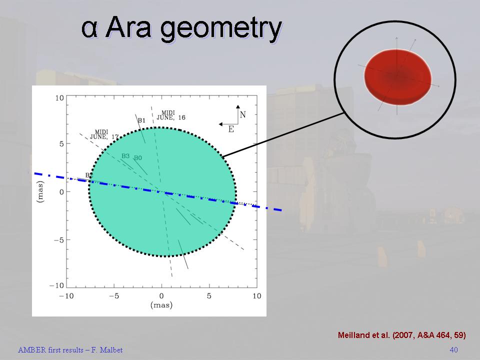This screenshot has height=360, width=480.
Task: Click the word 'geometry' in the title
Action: pyautogui.click(x=220, y=29)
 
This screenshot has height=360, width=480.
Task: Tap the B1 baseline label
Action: pyautogui.click(x=141, y=120)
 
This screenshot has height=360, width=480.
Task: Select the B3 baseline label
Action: pyautogui.click(x=125, y=156)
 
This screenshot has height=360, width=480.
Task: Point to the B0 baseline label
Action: pyautogui.click(x=138, y=158)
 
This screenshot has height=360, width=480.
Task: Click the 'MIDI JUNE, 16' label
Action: pyautogui.click(x=171, y=115)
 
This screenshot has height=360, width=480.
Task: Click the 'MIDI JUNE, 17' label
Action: pyautogui.click(x=104, y=134)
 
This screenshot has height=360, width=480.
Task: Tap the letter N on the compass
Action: pyautogui.click(x=243, y=115)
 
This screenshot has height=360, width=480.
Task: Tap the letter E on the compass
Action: pyautogui.click(x=231, y=129)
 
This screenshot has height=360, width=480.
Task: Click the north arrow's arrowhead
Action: pyautogui.click(x=238, y=106)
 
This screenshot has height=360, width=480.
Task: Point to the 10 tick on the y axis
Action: pyautogui.click(x=59, y=98)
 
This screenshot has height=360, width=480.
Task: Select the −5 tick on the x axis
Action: pyautogui.click(x=113, y=296)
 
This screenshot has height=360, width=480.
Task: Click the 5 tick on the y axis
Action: pyautogui.click(x=61, y=144)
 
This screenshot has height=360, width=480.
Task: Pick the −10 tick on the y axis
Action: pyautogui.click(x=56, y=285)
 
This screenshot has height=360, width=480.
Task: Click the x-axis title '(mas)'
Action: pyautogui.click(x=161, y=305)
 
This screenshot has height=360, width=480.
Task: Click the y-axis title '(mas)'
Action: pyautogui.click(x=40, y=191)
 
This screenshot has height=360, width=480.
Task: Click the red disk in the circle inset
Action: pyautogui.click(x=397, y=77)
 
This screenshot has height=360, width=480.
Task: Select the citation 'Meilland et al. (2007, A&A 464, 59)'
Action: pyautogui.click(x=402, y=335)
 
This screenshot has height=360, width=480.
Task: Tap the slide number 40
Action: pyautogui.click(x=453, y=349)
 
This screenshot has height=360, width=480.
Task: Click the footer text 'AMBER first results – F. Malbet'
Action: pyautogui.click(x=70, y=350)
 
